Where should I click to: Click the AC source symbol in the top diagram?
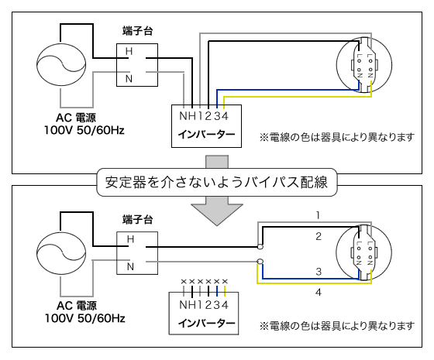[x=61, y=64]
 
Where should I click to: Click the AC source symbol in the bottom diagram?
[x=61, y=252]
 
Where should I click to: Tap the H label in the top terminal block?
[x=129, y=51]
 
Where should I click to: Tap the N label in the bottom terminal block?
[x=130, y=267]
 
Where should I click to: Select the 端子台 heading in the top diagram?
[x=138, y=31]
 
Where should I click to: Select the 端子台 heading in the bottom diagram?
[x=138, y=219]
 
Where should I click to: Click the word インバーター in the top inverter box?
[x=206, y=135]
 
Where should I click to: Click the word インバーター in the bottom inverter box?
[x=206, y=323]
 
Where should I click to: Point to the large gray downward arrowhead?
[x=217, y=214]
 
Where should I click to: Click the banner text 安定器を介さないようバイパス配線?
[x=216, y=183]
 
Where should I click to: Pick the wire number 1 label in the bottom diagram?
[x=318, y=215]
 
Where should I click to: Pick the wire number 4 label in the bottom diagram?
[x=319, y=293]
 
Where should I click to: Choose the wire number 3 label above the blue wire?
[x=319, y=272]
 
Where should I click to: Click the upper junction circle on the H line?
[x=260, y=247]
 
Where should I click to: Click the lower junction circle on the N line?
[x=260, y=262]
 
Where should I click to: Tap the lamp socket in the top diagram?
[x=364, y=65]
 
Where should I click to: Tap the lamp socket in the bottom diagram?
[x=364, y=252]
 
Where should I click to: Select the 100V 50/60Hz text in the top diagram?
[x=84, y=130]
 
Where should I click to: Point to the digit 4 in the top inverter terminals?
[x=225, y=116]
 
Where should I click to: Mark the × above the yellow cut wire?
[x=225, y=282]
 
